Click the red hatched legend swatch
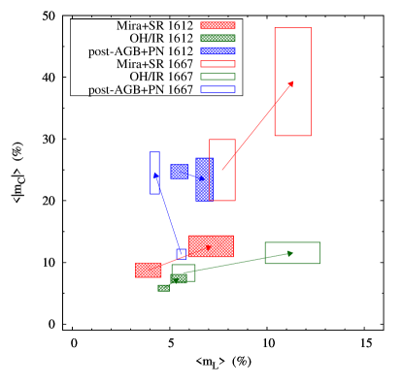tap(218, 25)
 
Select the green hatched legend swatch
tap(218, 38)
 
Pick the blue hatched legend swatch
tap(218, 50)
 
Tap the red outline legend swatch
tap(218, 64)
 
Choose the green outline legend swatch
tap(218, 77)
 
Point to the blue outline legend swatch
tap(218, 89)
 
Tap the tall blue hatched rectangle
tap(204, 179)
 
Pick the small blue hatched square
tap(179, 172)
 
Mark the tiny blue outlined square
tap(181, 253)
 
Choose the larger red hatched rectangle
tap(211, 246)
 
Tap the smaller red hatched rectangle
tap(148, 270)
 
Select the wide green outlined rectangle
tap(292, 253)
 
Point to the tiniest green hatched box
tap(163, 288)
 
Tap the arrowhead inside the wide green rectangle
tap(289, 253)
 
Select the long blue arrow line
tap(167, 213)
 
